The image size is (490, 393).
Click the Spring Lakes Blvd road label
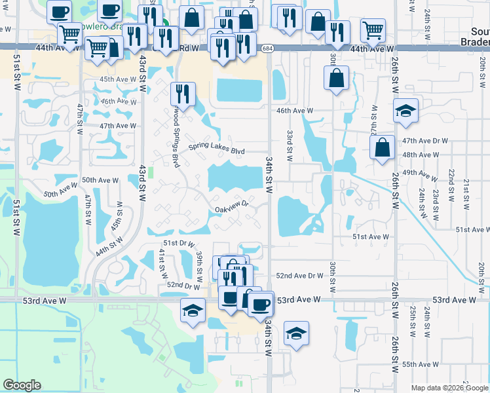pyautogui.click(x=217, y=150)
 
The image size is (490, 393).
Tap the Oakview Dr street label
pyautogui.click(x=233, y=208)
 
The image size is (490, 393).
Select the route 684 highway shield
pyautogui.click(x=266, y=49)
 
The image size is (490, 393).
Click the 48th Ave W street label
pyautogui.click(x=420, y=155)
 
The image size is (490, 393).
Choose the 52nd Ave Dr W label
pyautogui.click(x=299, y=276)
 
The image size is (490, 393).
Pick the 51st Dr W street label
pyautogui.click(x=179, y=243)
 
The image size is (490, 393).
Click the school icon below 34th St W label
pyautogui.click(x=296, y=334)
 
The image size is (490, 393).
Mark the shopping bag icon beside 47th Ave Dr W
pyautogui.click(x=382, y=147)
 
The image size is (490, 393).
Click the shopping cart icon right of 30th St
pyautogui.click(x=372, y=29)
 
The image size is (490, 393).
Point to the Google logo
pyautogui.click(x=22, y=385)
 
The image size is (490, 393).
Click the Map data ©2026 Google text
pyautogui.click(x=448, y=388)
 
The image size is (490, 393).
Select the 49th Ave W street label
pyautogui.click(x=420, y=174)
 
